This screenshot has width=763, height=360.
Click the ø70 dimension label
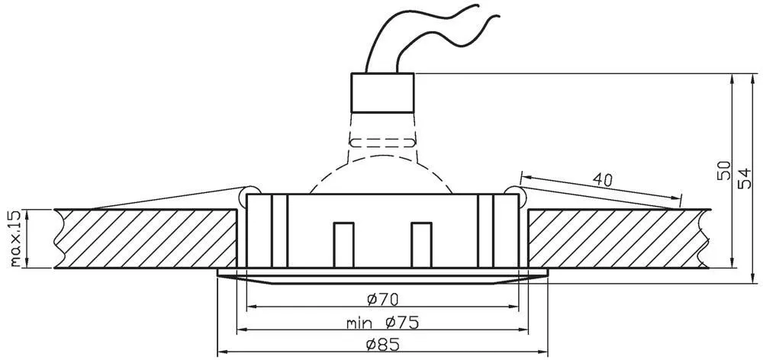[x=382, y=299]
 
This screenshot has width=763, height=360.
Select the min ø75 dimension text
[x=382, y=322]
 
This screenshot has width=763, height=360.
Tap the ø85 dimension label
[x=382, y=345]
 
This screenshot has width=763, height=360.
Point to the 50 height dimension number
[x=724, y=170]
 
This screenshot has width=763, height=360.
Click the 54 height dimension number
[x=745, y=178]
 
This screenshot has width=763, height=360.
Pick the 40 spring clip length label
[x=603, y=180]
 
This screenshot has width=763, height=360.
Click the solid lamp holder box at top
[x=382, y=93]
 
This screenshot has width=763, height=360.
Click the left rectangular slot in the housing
[x=343, y=245]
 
